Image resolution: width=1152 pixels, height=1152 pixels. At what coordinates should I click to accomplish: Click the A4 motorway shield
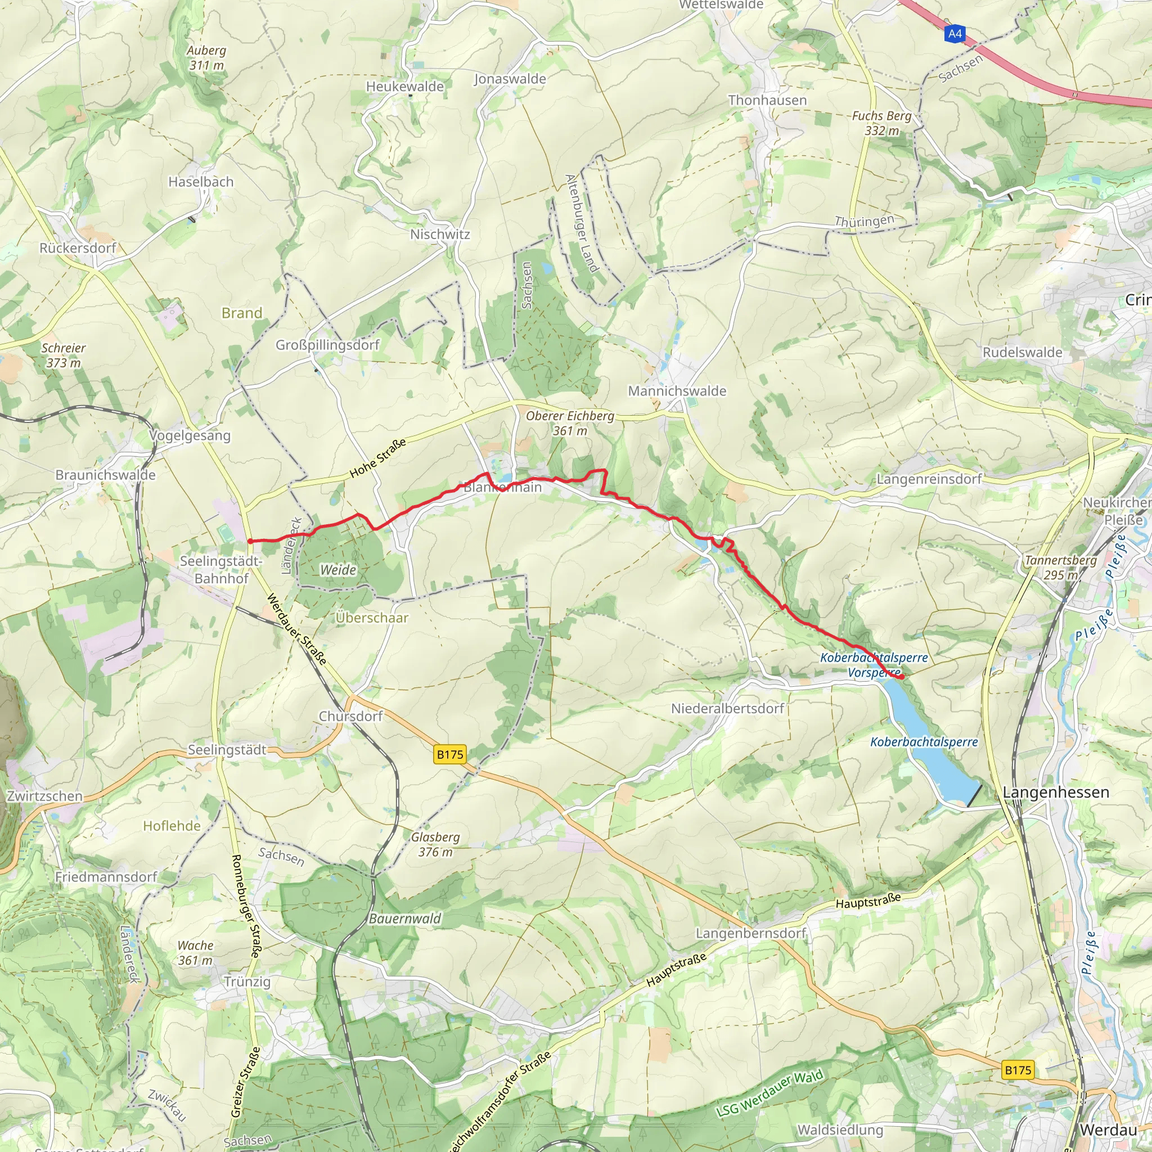point(955,33)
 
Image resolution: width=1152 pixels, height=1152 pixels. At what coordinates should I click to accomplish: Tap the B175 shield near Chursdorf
point(449,754)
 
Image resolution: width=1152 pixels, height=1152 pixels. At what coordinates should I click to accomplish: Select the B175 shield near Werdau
point(1018,1070)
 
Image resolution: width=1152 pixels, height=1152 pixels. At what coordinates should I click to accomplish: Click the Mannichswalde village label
point(677,391)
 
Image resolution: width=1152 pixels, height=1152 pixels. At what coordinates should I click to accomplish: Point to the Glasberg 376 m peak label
point(435,844)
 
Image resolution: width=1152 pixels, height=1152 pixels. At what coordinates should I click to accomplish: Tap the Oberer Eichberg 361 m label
point(569,423)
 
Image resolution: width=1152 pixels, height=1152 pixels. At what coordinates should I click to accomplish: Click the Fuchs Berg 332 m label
point(881,123)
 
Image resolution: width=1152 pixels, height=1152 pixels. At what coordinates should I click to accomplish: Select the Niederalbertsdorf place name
point(727,708)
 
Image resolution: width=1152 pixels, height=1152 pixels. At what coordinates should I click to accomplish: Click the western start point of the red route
point(250,541)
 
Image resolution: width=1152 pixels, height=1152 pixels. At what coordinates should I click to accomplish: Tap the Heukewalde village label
point(405,87)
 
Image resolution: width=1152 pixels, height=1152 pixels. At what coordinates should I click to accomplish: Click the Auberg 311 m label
point(206,58)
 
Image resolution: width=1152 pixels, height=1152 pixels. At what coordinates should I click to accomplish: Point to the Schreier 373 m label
point(63,355)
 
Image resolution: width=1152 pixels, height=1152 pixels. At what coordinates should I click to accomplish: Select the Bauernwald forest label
point(405,918)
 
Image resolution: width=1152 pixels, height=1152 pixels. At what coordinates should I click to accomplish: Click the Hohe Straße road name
point(377,457)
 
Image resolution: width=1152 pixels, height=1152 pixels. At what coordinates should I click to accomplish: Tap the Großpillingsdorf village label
point(327,345)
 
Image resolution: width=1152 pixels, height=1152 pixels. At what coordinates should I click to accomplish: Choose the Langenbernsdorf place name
point(751,933)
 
